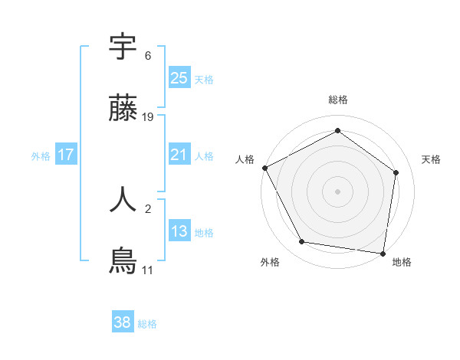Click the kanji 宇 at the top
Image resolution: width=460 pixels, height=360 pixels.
pyautogui.click(x=123, y=47)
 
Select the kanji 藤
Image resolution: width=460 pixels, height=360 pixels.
pyautogui.click(x=123, y=110)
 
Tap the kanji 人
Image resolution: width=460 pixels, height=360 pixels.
pyautogui.click(x=123, y=198)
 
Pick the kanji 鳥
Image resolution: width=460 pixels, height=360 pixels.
pyautogui.click(x=123, y=261)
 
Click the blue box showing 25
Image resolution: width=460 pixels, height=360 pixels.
pyautogui.click(x=179, y=77)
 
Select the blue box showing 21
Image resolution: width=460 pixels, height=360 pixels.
pyautogui.click(x=179, y=155)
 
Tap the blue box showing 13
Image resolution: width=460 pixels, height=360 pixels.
pyautogui.click(x=179, y=231)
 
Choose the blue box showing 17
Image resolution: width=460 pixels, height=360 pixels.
pyautogui.click(x=66, y=155)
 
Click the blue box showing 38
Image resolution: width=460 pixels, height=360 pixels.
pyautogui.click(x=123, y=322)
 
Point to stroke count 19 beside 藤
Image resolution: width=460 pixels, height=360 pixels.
pyautogui.click(x=148, y=117)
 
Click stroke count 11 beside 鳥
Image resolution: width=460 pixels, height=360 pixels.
pyautogui.click(x=147, y=270)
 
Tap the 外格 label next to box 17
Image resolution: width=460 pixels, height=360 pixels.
pyautogui.click(x=41, y=155)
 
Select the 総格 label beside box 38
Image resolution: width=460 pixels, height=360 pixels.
pyautogui.click(x=147, y=324)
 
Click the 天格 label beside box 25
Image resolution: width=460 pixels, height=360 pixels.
pyautogui.click(x=204, y=79)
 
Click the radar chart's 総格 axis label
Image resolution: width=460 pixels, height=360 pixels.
pyautogui.click(x=338, y=100)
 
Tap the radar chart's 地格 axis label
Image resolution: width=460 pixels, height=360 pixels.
pyautogui.click(x=402, y=262)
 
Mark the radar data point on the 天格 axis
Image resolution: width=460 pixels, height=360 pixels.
pyautogui.click(x=396, y=172)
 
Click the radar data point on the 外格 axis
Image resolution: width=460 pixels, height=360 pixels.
pyautogui.click(x=302, y=242)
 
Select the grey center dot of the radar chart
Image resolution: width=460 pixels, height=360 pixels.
pyautogui.click(x=338, y=191)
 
